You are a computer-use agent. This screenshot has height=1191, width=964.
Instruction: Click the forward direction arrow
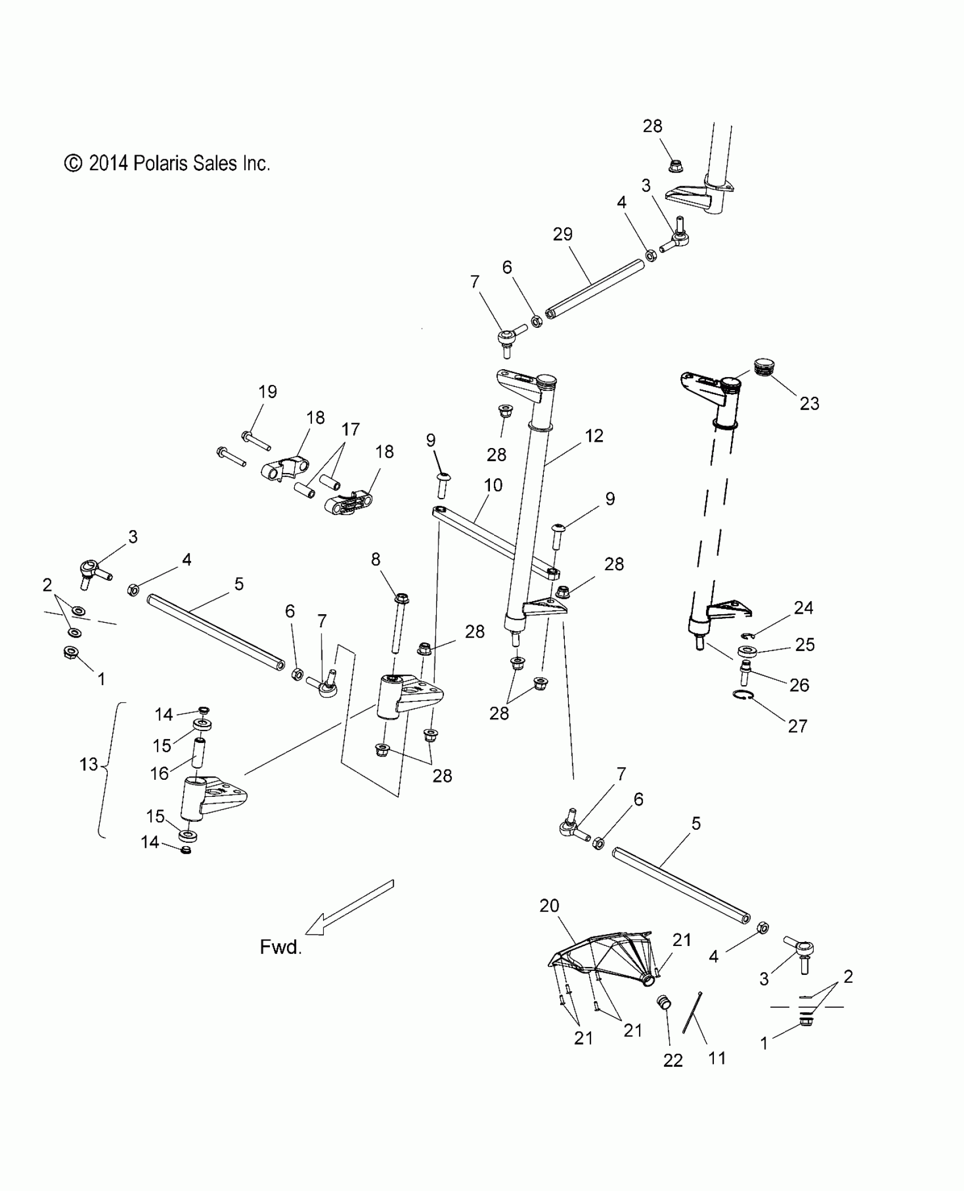pyautogui.click(x=349, y=907)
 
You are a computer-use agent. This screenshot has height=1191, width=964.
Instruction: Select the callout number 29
pyautogui.click(x=563, y=234)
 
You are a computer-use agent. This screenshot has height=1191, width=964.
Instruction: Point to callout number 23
pyautogui.click(x=809, y=403)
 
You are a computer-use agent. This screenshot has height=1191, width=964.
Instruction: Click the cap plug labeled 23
pyautogui.click(x=766, y=366)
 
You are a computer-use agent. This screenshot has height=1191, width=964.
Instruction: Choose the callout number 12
pyautogui.click(x=594, y=436)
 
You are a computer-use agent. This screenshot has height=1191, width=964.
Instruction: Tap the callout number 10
pyautogui.click(x=493, y=485)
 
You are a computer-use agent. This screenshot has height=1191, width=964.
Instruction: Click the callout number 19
pyautogui.click(x=268, y=391)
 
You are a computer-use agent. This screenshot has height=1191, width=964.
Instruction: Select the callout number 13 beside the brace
pyautogui.click(x=89, y=765)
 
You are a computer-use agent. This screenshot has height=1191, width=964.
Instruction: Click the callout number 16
pyautogui.click(x=159, y=773)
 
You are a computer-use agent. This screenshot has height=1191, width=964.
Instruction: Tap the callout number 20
pyautogui.click(x=549, y=906)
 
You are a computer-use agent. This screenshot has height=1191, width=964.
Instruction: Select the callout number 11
pyautogui.click(x=717, y=1058)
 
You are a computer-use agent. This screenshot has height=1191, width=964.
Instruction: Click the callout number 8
pyautogui.click(x=375, y=559)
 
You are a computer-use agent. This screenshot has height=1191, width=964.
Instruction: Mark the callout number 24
pyautogui.click(x=804, y=608)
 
